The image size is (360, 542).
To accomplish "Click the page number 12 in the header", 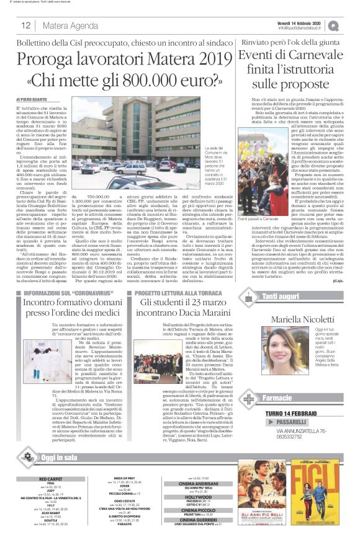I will [x=27, y=25].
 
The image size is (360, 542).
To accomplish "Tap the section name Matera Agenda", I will [x=63, y=25].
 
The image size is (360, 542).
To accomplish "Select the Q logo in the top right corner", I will [x=351, y=25].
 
